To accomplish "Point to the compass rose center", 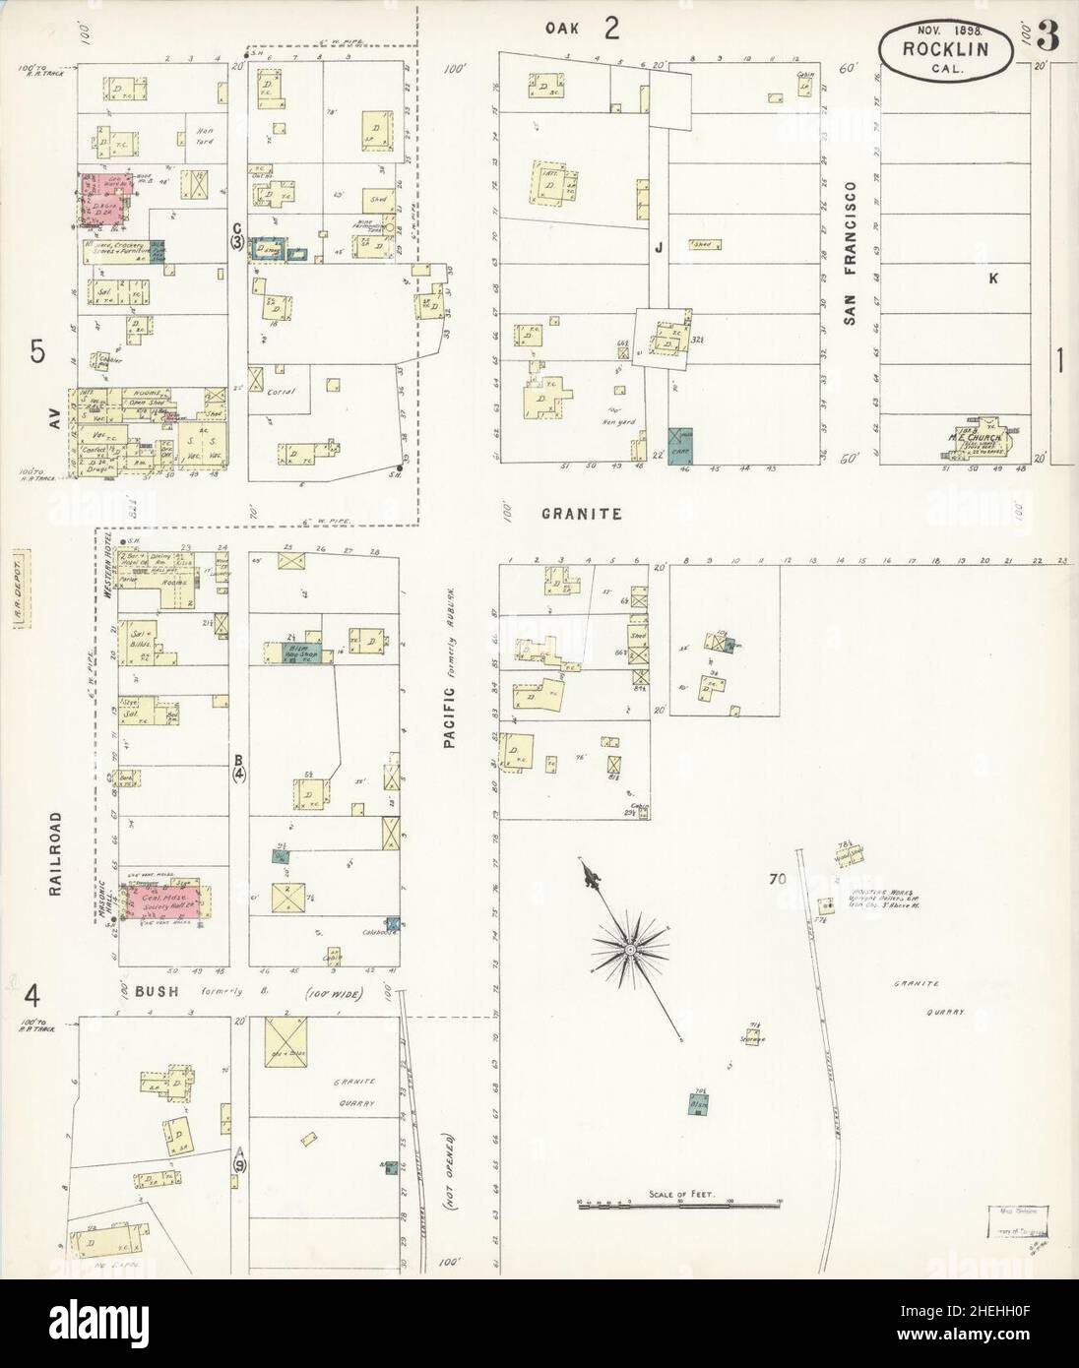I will tap(629, 951).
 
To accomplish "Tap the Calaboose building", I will tap(394, 923).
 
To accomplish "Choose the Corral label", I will tap(281, 391).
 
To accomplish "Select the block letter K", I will tap(993, 279).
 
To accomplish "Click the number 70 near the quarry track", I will tap(778, 881).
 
